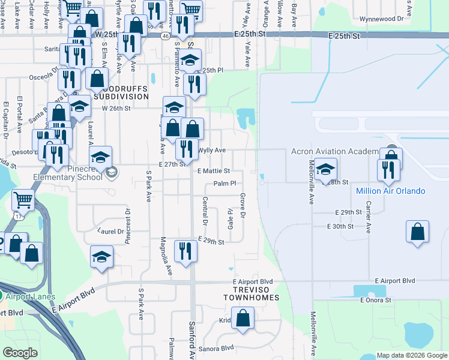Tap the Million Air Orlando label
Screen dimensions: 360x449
pos(390,191)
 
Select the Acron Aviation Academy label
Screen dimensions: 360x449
pos(335,151)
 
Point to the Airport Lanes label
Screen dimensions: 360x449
pos(29,296)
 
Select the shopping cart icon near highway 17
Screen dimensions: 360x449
pos(23,200)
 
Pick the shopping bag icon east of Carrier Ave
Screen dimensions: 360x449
pos(418,232)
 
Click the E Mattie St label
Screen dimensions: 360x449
pos(214,171)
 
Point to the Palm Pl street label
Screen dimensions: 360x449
pos(225,183)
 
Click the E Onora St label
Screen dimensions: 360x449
pos(376,300)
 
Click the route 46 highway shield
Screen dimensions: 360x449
pos(164,36)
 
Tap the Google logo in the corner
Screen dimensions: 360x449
pos(20,353)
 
